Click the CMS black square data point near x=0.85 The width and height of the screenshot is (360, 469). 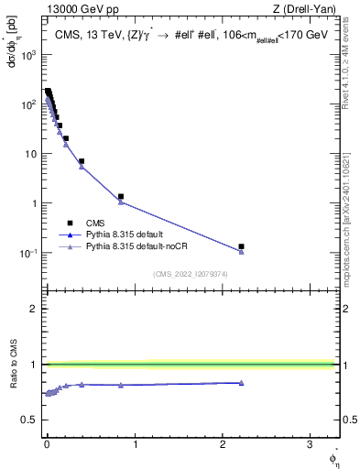tap(121, 196)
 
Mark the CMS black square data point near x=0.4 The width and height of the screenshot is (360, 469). tap(82, 161)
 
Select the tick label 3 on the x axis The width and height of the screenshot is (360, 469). tap(310, 444)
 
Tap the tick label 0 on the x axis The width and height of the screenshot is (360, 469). tap(47, 444)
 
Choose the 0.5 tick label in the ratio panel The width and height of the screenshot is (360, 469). tap(30, 420)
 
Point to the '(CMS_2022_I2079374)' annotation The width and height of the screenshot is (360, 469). tap(190, 274)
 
